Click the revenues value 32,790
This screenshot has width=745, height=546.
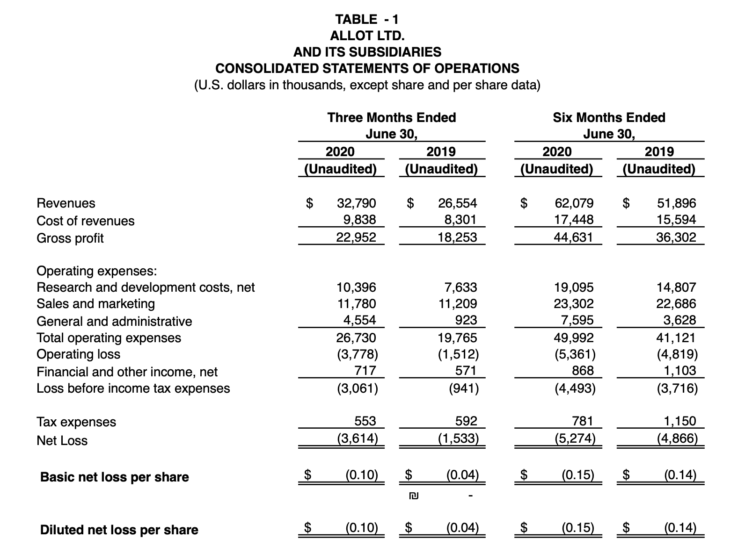(x=356, y=203)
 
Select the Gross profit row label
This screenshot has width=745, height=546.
(x=70, y=238)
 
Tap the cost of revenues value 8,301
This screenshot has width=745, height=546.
(x=460, y=220)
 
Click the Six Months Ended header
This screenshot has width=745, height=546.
(x=609, y=117)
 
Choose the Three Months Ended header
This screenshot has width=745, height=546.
(x=391, y=117)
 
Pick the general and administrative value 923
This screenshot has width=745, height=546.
(x=466, y=320)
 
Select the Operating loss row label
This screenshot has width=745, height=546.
(x=79, y=354)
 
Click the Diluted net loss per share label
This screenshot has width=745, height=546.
(x=119, y=530)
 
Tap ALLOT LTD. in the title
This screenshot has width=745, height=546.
(x=367, y=36)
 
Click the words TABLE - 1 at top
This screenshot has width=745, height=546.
(x=367, y=19)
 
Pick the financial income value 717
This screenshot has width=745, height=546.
(x=365, y=371)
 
